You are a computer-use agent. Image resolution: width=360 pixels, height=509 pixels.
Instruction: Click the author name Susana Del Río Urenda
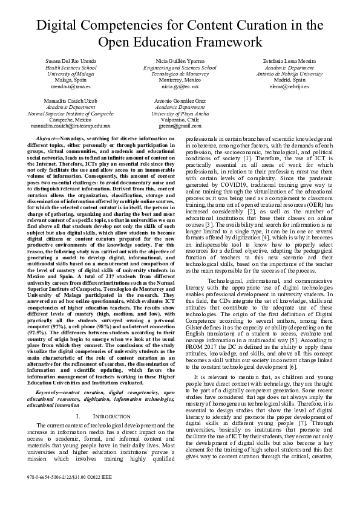click(71, 62)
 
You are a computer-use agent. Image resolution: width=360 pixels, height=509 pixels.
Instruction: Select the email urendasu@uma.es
click(71, 86)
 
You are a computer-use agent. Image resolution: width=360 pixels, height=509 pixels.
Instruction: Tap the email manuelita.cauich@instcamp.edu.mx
click(71, 126)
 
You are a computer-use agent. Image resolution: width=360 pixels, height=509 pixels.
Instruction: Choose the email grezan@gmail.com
click(180, 126)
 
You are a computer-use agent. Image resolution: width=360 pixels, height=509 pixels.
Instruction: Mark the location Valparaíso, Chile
click(180, 120)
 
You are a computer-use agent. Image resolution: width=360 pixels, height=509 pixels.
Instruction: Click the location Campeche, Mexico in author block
click(71, 120)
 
